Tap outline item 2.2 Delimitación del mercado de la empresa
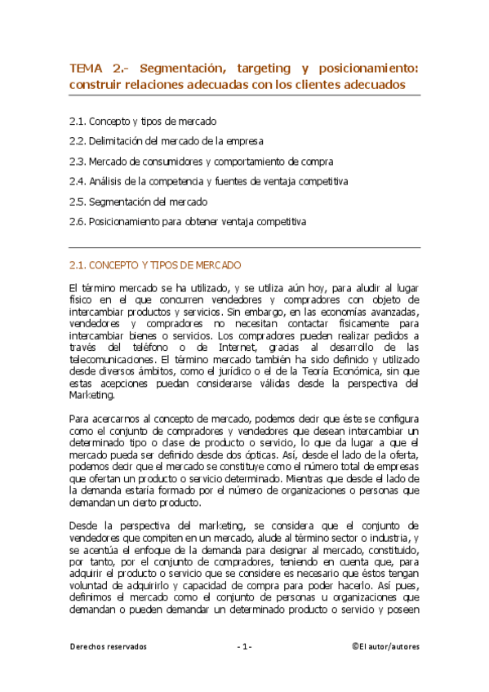click(x=175, y=140)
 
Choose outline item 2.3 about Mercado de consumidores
click(x=201, y=161)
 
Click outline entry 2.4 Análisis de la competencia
click(x=208, y=181)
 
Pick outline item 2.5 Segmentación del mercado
click(x=138, y=201)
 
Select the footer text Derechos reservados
click(x=108, y=646)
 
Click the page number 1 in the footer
click(x=244, y=646)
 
